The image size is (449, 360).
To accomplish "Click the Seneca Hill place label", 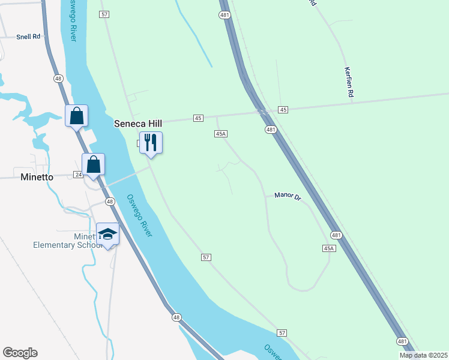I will (x=138, y=123).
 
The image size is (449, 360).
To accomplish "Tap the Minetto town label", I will (x=37, y=177).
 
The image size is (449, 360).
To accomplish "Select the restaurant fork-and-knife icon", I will (x=151, y=143).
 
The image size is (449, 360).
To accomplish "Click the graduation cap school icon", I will (x=108, y=234).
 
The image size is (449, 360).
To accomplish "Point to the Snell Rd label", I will (x=28, y=37).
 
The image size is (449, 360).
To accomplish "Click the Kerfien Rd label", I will (x=348, y=82).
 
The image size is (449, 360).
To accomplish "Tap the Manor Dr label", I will (x=287, y=196).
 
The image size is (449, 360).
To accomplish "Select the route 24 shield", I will (x=78, y=175).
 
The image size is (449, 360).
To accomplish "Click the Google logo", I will (x=20, y=353).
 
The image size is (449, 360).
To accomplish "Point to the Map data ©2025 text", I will (x=423, y=355).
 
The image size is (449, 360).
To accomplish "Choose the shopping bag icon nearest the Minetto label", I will (x=94, y=164).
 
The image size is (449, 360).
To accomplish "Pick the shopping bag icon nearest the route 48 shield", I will (x=76, y=116).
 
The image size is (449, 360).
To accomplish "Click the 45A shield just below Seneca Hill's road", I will (x=220, y=134).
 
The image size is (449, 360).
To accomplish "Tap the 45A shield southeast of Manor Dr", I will (x=328, y=248).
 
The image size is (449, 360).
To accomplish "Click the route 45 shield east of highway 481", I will (x=283, y=109).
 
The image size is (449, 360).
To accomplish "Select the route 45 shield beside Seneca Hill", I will (x=198, y=118).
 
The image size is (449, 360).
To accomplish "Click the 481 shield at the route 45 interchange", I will (x=271, y=129).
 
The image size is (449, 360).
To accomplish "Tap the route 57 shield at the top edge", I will (x=104, y=13).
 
